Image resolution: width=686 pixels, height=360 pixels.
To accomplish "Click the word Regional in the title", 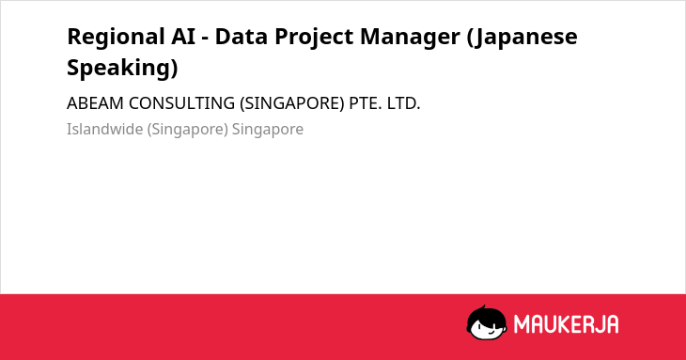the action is tap(116, 38).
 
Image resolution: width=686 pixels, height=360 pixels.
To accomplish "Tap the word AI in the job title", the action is tap(183, 37).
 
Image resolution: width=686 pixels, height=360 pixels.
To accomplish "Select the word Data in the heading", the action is tap(241, 37).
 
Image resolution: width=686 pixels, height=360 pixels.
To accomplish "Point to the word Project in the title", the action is tap(313, 38).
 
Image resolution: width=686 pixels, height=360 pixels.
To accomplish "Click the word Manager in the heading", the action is tap(410, 38).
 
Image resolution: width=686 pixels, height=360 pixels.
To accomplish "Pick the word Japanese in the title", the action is tap(522, 38).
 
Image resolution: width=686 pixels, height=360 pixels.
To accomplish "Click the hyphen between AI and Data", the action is tap(205, 39).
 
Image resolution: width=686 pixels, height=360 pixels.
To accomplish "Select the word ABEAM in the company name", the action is tap(95, 103).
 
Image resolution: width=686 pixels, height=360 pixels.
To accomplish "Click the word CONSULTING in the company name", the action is tap(181, 103).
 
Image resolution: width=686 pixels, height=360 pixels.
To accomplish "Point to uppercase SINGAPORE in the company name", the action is tap(292, 103).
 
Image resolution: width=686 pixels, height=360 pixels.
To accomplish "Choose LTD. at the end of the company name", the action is tap(403, 103).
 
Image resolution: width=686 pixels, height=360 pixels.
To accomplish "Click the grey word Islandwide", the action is tap(104, 129).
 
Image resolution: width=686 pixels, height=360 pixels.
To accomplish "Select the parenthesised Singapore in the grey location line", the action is tap(188, 130).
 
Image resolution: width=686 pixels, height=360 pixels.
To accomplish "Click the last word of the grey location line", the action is tap(267, 130).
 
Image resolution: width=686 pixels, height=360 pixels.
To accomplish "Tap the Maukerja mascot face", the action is tap(487, 323).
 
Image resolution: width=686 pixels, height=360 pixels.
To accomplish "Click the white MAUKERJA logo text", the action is tap(566, 324).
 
